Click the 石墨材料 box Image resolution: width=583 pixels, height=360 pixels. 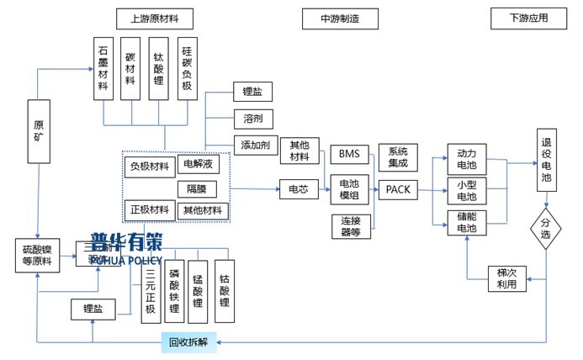click(x=103, y=69)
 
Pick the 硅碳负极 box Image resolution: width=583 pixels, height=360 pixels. click(x=187, y=69)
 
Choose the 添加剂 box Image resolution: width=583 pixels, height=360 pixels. click(x=254, y=144)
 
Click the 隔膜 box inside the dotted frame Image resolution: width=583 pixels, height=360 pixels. click(x=202, y=188)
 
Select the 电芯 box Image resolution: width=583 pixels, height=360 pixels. click(x=298, y=190)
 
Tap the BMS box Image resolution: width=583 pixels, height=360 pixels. click(x=348, y=154)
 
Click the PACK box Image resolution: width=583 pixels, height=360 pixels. click(x=396, y=190)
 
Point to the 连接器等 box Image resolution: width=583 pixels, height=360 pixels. click(x=349, y=226)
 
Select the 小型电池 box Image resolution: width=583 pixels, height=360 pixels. click(x=466, y=190)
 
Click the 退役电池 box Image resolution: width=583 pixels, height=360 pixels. click(x=546, y=161)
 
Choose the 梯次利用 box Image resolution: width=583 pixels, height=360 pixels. click(x=506, y=278)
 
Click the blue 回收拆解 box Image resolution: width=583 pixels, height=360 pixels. click(x=188, y=341)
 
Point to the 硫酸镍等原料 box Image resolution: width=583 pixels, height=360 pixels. click(x=38, y=256)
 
